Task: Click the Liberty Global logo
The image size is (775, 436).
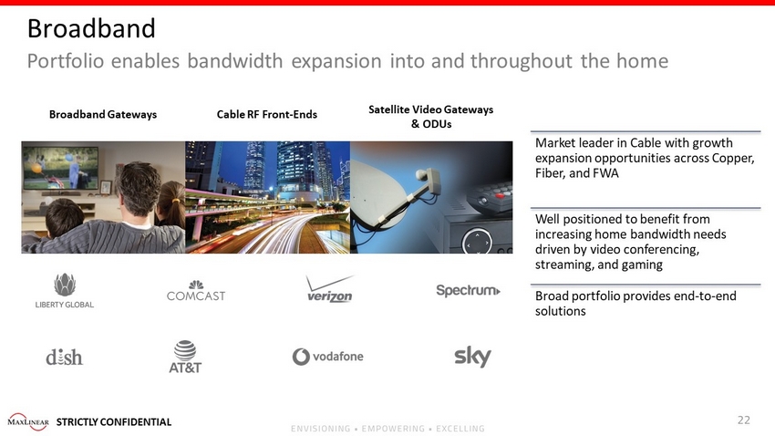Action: [64, 291]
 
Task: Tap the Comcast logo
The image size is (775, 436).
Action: [196, 291]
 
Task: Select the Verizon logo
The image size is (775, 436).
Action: [330, 288]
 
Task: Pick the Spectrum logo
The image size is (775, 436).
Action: [468, 290]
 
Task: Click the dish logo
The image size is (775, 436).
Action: [64, 357]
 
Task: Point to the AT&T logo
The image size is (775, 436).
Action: [185, 357]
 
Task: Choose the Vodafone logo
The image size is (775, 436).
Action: [327, 357]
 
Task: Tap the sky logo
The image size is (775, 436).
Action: [472, 357]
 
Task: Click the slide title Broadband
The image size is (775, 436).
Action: [91, 28]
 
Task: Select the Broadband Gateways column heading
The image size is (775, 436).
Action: [103, 114]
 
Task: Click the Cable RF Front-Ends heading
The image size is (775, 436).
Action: [267, 114]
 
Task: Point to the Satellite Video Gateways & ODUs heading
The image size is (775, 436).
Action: [431, 117]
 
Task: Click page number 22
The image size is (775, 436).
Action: [744, 420]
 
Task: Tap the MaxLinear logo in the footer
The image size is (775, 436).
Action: [28, 421]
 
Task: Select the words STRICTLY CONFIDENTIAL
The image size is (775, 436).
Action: [114, 421]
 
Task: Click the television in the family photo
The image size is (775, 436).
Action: [60, 169]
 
